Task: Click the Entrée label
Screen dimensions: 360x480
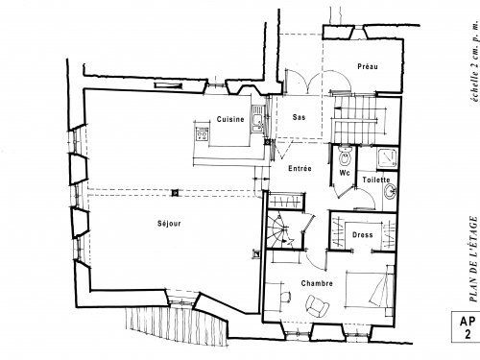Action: [300, 169]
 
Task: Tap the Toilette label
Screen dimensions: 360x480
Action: [376, 180]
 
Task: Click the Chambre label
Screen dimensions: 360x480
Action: [316, 285]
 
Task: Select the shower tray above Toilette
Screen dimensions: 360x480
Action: [386, 157]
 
